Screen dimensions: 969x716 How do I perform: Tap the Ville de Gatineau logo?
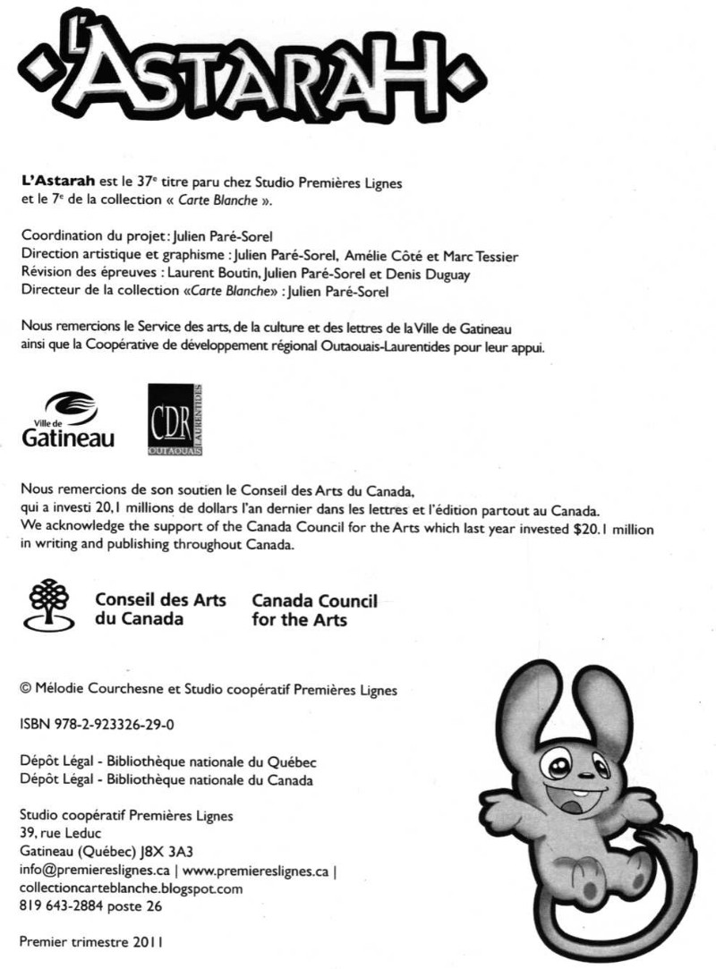[67, 421]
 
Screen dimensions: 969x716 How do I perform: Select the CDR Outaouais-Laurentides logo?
[176, 420]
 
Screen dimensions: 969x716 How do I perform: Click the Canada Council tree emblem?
[50, 605]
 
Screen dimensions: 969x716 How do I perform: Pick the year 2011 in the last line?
[148, 942]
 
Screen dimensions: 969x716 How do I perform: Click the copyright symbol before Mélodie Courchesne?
[25, 689]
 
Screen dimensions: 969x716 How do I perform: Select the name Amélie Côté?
[395, 257]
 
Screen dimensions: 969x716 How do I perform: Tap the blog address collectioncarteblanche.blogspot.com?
[131, 888]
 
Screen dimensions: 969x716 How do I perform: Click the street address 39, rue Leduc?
[60, 834]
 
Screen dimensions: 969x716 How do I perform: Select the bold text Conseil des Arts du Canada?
[160, 608]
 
